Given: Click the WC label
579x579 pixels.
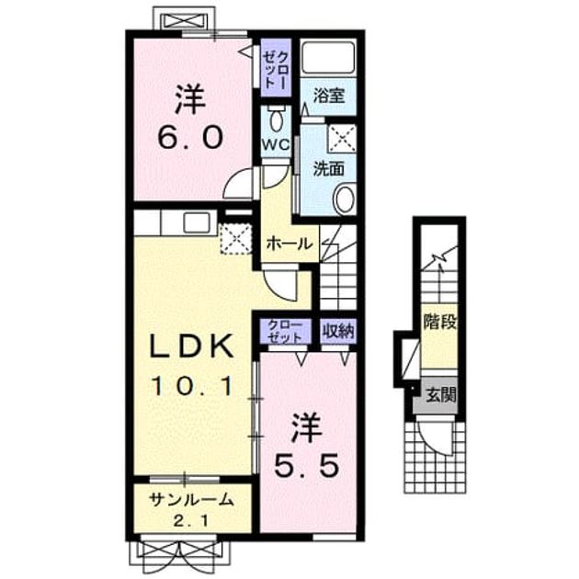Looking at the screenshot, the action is coord(276,144).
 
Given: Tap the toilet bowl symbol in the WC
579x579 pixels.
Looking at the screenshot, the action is coord(276,118).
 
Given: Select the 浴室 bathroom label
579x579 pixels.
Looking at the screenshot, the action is coord(329,96).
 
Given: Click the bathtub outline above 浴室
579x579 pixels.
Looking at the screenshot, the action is coord(327,58).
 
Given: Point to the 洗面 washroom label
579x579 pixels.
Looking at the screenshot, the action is coord(329,169).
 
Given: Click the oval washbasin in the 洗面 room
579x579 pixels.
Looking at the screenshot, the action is coord(345,199).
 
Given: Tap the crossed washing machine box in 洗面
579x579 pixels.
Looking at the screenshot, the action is coord(342,138).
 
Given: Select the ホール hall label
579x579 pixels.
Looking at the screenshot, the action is coord(289,244).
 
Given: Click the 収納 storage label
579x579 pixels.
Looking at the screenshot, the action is coord(338,331).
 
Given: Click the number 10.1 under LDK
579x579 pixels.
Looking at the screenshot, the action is coord(192,386).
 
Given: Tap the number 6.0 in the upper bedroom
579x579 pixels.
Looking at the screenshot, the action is coord(190,137).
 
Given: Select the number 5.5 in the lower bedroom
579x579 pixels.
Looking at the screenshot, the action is coord(306,465).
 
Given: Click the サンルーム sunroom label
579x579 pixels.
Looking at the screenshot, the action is coord(192,500).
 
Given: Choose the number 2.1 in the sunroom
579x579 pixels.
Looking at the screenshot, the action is coord(191,521).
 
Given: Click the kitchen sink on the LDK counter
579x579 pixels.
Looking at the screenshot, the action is coord(197,222).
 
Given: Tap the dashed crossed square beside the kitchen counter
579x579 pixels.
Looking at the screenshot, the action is coord(236,238).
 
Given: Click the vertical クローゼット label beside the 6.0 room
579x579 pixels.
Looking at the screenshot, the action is coord(276,69).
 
